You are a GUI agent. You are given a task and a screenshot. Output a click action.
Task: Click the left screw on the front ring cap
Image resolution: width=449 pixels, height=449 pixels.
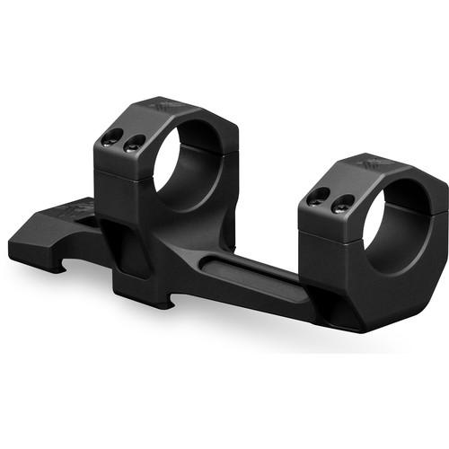(x=316, y=199)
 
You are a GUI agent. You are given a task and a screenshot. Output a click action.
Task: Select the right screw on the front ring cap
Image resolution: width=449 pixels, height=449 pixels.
(x=339, y=206)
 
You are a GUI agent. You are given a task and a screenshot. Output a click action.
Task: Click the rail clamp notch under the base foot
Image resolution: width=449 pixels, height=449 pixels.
(x=66, y=261)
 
